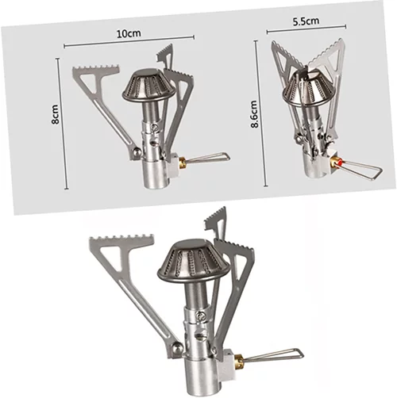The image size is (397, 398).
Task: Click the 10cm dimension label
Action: [x=129, y=33]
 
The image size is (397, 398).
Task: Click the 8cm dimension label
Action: [x=55, y=114]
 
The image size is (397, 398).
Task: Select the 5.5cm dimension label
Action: [x=306, y=21]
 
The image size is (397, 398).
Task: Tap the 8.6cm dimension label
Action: [x=254, y=114]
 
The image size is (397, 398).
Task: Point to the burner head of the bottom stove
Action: [x=193, y=262]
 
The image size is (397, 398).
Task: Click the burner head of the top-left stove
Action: [x=149, y=85]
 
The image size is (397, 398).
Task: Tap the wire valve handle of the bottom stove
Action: [x=273, y=355]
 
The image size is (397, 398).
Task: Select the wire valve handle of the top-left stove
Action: [x=206, y=158]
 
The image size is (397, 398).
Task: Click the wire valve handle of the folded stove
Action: [x=360, y=169]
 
